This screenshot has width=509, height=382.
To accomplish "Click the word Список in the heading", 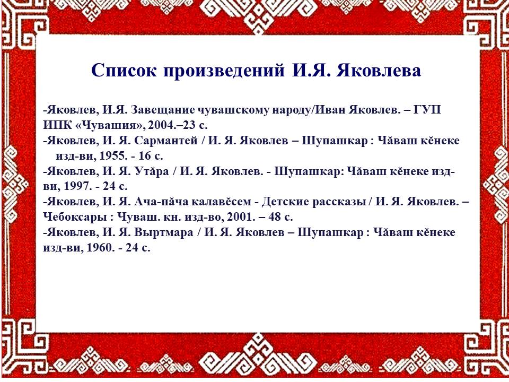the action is pyautogui.click(x=124, y=71).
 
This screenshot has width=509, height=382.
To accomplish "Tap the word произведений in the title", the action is pyautogui.click(x=224, y=71).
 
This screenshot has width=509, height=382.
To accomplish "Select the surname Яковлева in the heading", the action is pyautogui.click(x=379, y=71).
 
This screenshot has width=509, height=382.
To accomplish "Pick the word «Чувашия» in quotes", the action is pyautogui.click(x=110, y=125).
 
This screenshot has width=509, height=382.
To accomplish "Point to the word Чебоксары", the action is pyautogui.click(x=75, y=216).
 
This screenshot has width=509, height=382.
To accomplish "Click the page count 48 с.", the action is pyautogui.click(x=280, y=216).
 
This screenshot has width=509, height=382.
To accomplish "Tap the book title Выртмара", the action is pyautogui.click(x=164, y=232).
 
